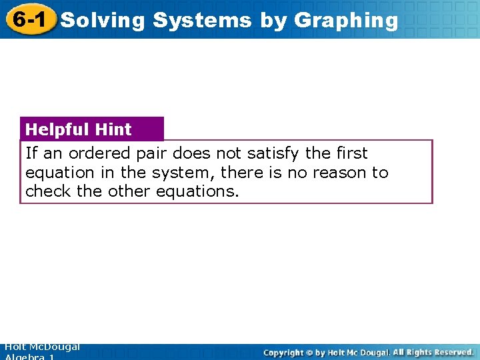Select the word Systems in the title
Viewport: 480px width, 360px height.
pos(202,20)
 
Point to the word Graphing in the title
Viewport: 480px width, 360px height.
pos(345,20)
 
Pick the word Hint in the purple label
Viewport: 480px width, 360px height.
pos(113,129)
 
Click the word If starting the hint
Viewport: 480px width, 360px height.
pos(31,153)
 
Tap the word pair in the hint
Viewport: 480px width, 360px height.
pos(153,154)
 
